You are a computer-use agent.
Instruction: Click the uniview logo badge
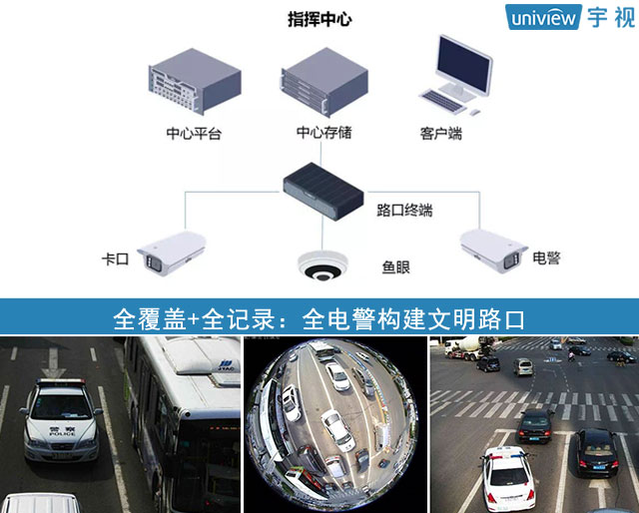[x=543, y=17]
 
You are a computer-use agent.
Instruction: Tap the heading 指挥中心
[x=319, y=19]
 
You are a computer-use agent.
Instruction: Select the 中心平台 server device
[x=195, y=81]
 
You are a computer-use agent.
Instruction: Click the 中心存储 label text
[x=323, y=133]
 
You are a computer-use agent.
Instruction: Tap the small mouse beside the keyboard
[x=475, y=112]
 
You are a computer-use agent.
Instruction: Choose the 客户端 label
[x=441, y=134]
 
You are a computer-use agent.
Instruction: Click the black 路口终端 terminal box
[x=323, y=192]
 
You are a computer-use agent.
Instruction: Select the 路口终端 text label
[x=404, y=211]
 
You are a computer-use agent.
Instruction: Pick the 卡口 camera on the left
[x=172, y=254]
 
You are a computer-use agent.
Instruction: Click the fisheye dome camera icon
[x=322, y=265]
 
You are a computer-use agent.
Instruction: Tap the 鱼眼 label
[x=395, y=267]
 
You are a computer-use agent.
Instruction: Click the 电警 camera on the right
[x=493, y=251]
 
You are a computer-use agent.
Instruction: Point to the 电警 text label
[x=546, y=257]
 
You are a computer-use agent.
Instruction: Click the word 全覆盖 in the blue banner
[x=150, y=319]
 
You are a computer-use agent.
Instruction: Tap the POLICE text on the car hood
[x=62, y=434]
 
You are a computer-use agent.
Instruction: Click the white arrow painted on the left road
[x=53, y=362]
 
